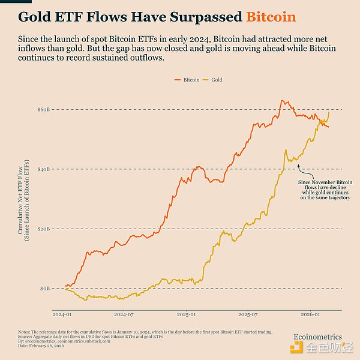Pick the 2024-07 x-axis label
click(x=124, y=314)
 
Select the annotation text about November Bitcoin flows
click(x=325, y=189)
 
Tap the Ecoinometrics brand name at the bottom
click(x=317, y=337)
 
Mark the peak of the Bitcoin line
click(x=281, y=100)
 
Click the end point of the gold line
click(x=329, y=112)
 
